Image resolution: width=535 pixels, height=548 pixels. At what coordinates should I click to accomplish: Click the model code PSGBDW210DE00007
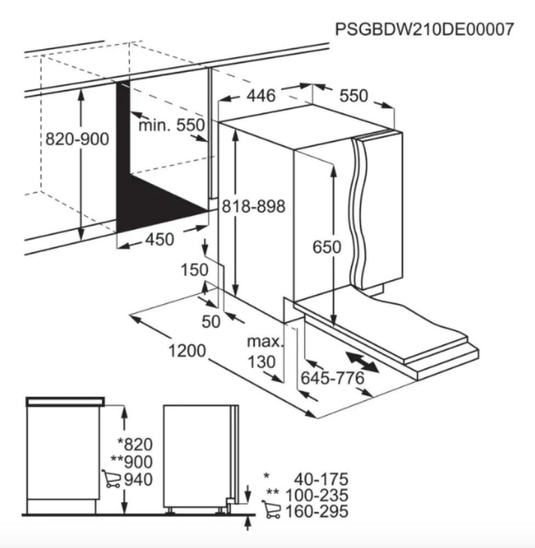(x=424, y=30)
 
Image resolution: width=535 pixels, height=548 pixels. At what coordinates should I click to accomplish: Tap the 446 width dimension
(x=261, y=95)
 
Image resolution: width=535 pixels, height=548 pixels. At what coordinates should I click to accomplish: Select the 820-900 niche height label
(x=77, y=139)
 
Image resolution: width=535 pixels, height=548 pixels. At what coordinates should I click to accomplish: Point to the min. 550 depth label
(x=172, y=125)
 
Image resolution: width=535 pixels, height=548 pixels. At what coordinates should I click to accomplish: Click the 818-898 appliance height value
(x=254, y=206)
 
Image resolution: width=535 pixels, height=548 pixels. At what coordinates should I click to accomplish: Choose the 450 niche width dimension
(x=160, y=239)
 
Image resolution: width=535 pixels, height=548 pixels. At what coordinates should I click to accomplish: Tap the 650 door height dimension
(x=327, y=247)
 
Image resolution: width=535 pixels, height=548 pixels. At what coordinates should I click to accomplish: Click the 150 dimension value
(x=195, y=270)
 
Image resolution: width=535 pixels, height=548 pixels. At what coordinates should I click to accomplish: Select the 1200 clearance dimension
(x=187, y=351)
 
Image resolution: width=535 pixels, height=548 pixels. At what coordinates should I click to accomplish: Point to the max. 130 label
(x=264, y=352)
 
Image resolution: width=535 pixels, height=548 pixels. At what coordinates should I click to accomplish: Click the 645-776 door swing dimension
(x=333, y=378)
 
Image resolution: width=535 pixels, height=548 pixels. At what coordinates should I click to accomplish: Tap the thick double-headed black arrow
(x=362, y=362)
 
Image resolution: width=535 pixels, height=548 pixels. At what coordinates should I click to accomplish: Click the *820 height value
(x=135, y=444)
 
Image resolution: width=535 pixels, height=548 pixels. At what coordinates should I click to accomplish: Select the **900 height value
(x=132, y=461)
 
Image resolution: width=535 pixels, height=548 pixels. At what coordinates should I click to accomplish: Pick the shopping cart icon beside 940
(x=111, y=479)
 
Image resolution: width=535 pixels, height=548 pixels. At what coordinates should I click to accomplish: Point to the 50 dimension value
(x=211, y=322)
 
